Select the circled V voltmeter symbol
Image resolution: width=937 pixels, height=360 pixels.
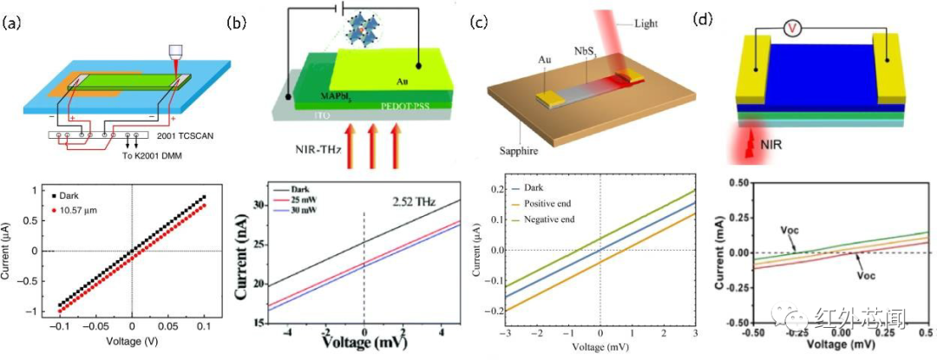[790, 28]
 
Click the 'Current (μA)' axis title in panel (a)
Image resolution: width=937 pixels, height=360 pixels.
[13, 251]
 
